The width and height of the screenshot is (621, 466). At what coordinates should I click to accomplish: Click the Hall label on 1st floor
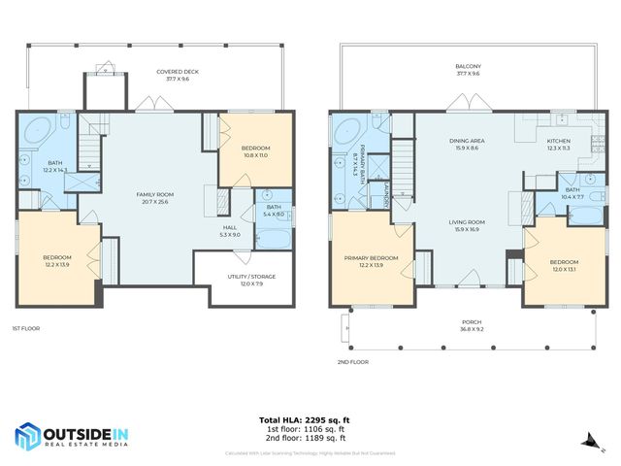coord(229,231)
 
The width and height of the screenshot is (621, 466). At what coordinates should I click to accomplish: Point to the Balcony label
coord(469,70)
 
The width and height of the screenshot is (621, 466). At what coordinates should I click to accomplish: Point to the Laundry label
coord(385,193)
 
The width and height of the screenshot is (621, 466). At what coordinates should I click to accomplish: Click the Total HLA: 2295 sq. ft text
coord(310,420)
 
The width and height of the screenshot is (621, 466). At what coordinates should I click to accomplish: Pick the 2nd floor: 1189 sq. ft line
coord(310,438)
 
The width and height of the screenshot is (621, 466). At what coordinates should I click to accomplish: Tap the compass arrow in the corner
coord(586,441)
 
